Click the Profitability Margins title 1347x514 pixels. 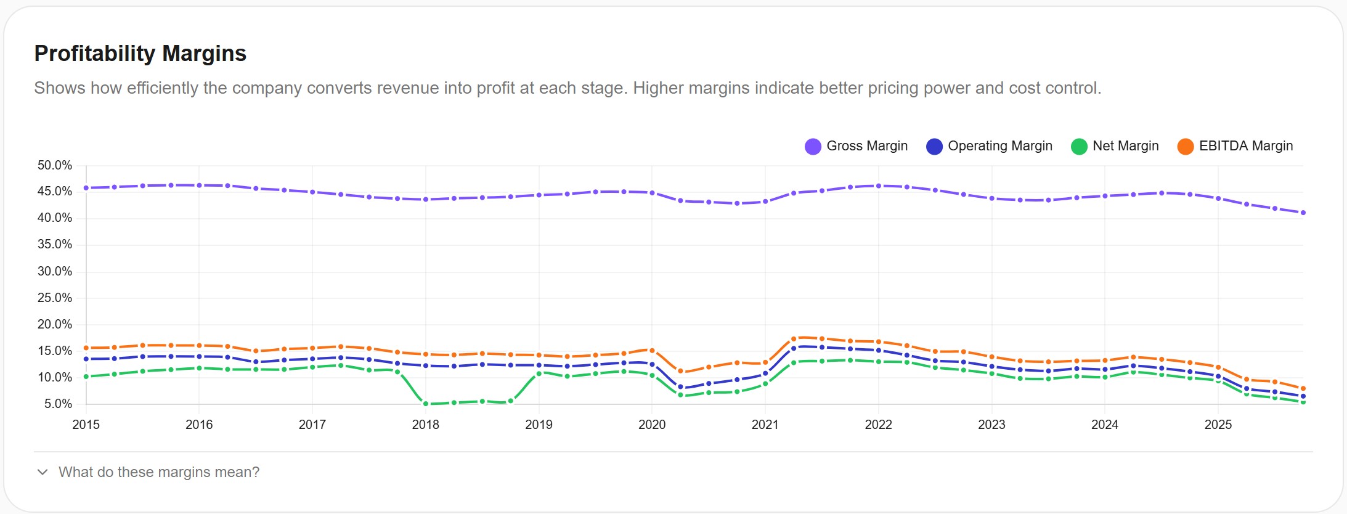[x=140, y=54]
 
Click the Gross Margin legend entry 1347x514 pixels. [x=856, y=146]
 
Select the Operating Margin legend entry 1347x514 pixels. [x=989, y=146]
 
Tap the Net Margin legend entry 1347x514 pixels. [x=1115, y=146]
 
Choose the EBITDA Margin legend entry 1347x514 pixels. [x=1235, y=146]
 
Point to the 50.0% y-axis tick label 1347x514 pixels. [x=55, y=165]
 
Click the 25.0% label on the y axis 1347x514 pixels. [x=55, y=298]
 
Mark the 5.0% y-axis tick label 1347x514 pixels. [x=58, y=404]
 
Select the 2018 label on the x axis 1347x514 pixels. [x=425, y=425]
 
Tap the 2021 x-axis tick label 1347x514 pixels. [x=765, y=425]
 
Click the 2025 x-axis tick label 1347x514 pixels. [x=1218, y=425]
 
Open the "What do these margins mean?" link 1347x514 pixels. [x=159, y=472]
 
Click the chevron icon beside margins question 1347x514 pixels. [x=43, y=472]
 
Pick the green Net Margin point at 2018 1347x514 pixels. [x=425, y=404]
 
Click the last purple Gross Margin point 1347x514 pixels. [x=1303, y=213]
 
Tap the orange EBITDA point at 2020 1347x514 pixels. [x=652, y=351]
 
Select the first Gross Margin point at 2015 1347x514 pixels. [x=86, y=188]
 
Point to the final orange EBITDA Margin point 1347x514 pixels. [x=1303, y=389]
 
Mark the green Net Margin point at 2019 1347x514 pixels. [x=539, y=373]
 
